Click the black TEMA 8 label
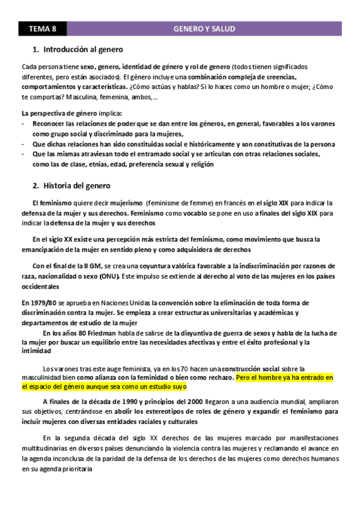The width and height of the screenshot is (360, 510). point(43,29)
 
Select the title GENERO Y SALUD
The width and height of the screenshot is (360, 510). point(204,29)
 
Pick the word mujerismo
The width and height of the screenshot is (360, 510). point(126,203)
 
